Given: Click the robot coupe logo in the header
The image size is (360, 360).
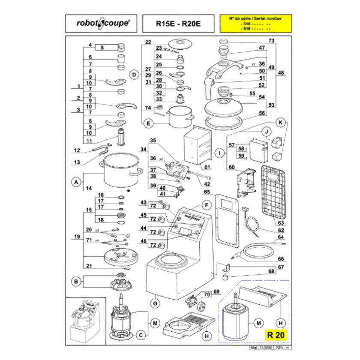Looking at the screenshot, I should coord(101,24).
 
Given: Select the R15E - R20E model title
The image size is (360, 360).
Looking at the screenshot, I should coord(178,24).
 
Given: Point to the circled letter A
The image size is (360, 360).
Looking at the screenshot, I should coord(76,182).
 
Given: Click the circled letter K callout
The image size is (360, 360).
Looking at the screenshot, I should coord(281,122).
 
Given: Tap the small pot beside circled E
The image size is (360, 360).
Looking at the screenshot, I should coord(180,116).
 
